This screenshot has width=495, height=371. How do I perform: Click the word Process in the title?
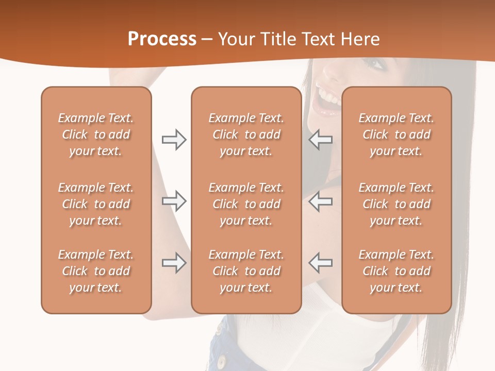(x=162, y=39)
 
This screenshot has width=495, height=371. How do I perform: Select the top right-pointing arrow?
(x=174, y=140)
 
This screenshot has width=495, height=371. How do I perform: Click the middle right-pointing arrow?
(x=174, y=201)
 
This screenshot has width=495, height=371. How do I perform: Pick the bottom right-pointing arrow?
(x=174, y=263)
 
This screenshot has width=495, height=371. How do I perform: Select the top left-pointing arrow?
(x=320, y=140)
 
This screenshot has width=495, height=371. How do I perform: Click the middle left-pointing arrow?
(x=320, y=201)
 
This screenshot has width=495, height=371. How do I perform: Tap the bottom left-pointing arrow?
(x=320, y=263)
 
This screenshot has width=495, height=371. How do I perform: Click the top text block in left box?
(x=96, y=134)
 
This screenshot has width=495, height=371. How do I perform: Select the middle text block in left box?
(x=96, y=204)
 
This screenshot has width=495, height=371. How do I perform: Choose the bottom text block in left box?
(x=96, y=271)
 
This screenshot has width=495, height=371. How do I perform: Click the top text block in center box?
(x=246, y=134)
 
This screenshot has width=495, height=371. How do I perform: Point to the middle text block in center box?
(x=246, y=204)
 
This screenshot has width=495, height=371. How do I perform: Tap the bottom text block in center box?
(x=246, y=271)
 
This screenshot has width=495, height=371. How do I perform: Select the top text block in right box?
(x=396, y=134)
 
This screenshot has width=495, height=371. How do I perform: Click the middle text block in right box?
(x=396, y=204)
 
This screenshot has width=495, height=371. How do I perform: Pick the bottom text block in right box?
(x=396, y=271)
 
